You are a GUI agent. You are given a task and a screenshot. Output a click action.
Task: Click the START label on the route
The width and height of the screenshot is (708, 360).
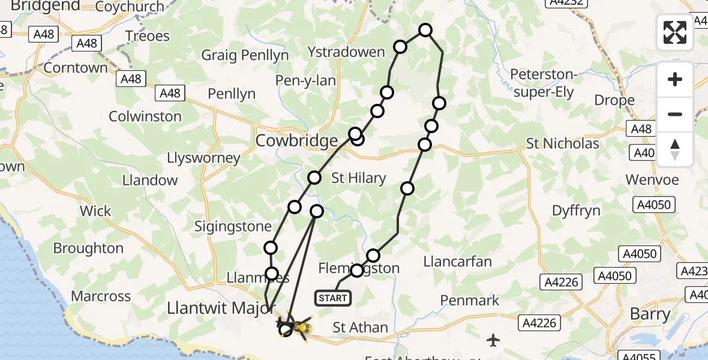333,298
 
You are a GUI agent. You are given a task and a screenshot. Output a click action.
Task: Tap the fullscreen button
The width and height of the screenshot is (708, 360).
675,32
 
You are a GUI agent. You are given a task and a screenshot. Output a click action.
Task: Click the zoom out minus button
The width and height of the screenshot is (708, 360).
675,114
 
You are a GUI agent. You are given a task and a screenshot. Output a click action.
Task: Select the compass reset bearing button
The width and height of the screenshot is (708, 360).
675,149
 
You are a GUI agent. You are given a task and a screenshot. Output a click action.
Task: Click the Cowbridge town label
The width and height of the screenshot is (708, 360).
296,141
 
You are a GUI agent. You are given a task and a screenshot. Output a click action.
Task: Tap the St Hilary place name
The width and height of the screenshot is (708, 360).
359,178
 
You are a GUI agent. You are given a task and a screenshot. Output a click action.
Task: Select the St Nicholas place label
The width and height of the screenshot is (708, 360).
562,144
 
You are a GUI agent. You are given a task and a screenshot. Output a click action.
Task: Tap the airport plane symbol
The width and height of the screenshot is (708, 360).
493,341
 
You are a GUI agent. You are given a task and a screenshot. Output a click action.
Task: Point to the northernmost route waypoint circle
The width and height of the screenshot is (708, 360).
425,30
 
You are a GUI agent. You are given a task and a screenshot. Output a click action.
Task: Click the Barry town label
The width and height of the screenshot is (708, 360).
650,314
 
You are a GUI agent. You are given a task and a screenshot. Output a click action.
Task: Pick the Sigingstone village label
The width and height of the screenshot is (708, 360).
226,227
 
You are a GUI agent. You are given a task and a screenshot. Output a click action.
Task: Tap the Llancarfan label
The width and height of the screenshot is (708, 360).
457,262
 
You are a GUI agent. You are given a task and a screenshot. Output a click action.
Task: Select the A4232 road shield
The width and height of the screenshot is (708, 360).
567,4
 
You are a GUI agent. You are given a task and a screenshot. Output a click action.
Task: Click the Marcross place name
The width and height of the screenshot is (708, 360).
101,296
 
